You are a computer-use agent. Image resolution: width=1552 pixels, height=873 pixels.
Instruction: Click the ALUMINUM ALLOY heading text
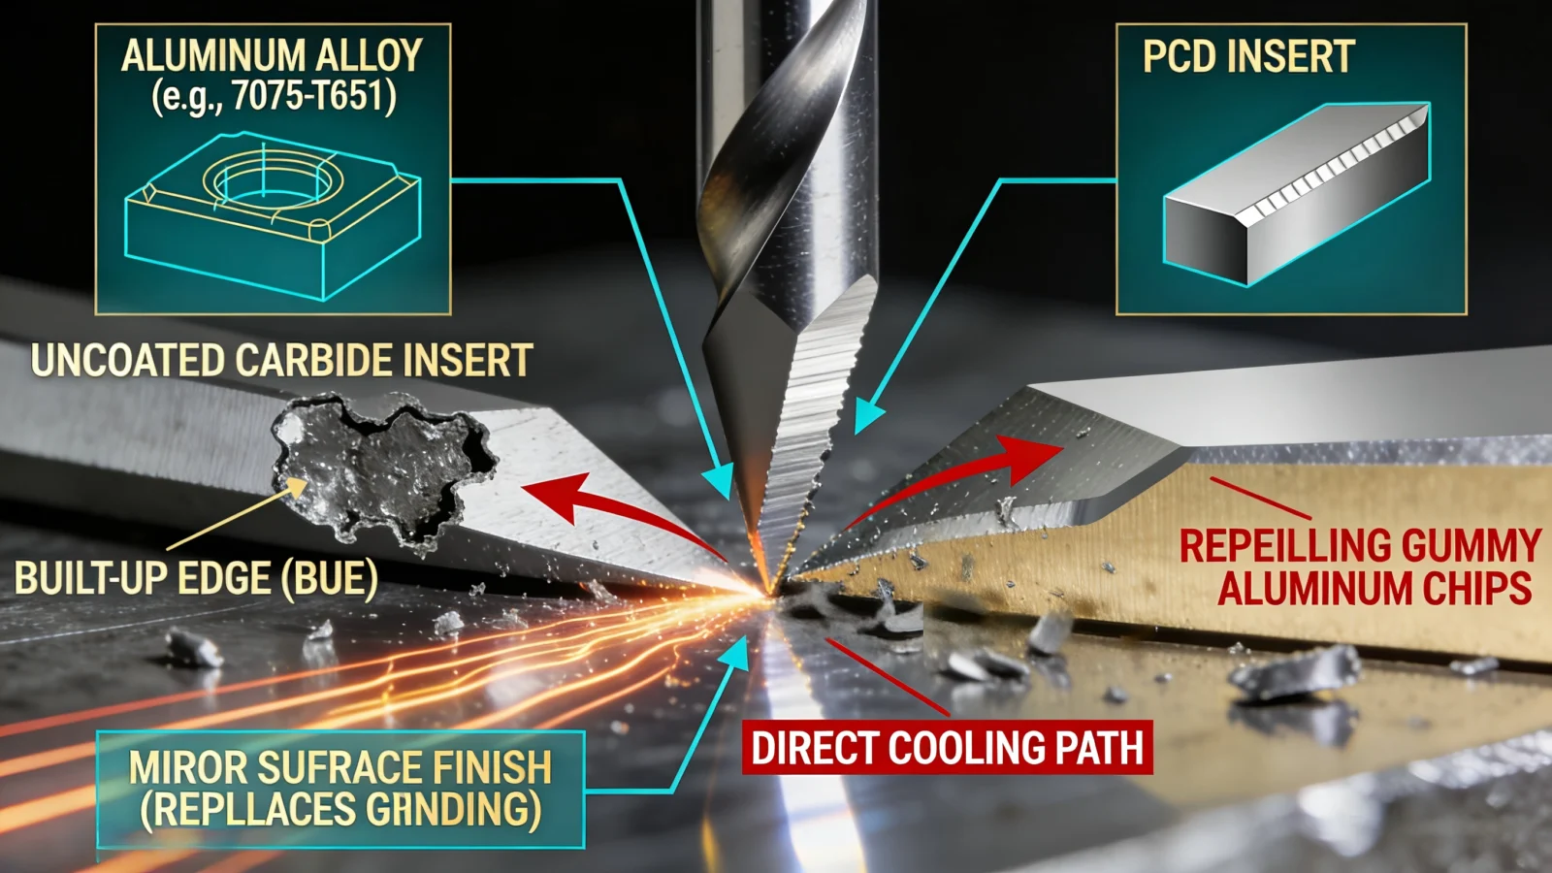coord(272,55)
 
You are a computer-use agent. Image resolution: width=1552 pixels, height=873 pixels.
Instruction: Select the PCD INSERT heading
coord(1248,57)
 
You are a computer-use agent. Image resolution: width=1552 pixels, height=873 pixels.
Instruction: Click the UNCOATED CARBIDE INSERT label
coord(281,361)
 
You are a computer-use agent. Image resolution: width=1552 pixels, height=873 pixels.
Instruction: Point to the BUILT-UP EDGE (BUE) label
coord(196,579)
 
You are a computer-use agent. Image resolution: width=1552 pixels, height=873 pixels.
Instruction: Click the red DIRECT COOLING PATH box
coord(947,748)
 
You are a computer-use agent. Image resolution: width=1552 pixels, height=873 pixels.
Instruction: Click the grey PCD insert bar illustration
coord(1296,194)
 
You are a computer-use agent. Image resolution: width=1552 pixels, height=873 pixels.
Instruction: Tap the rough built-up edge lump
coord(383,468)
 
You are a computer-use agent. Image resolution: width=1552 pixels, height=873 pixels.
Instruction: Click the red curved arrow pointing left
coord(621,509)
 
